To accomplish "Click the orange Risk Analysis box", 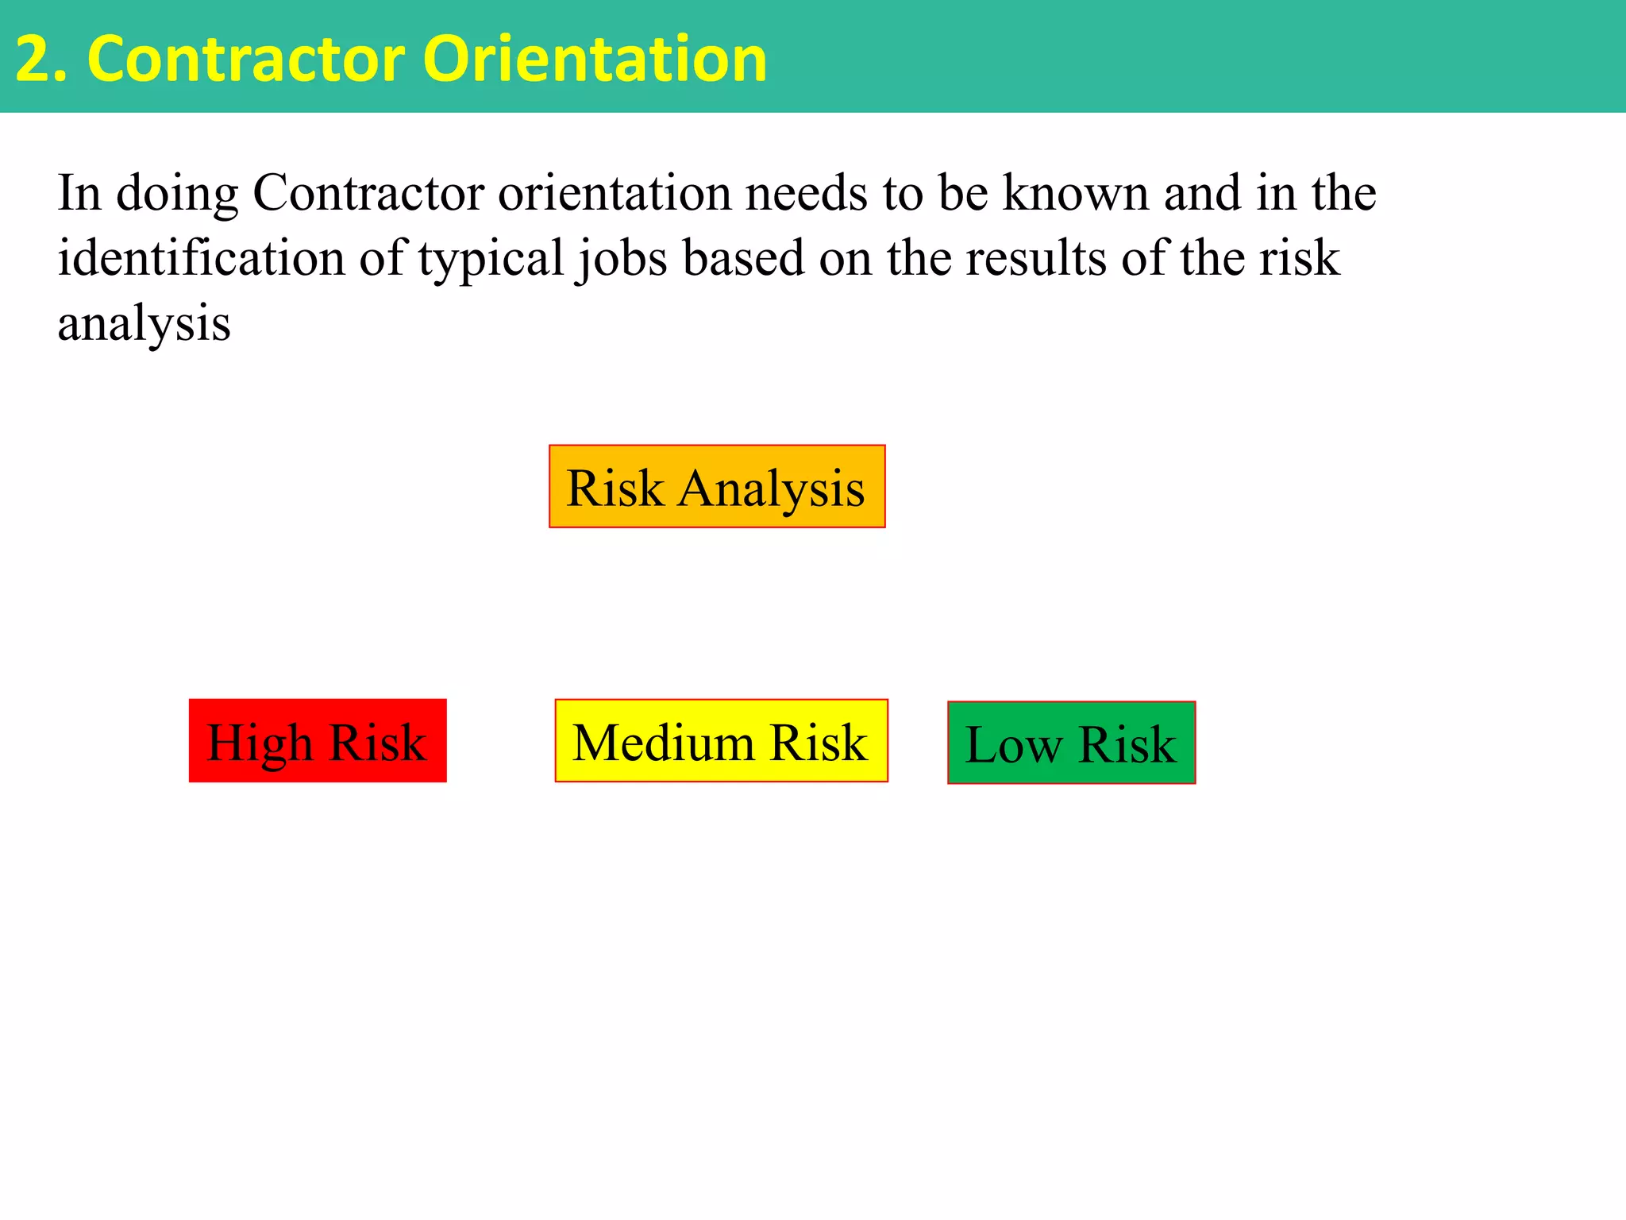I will [x=716, y=486].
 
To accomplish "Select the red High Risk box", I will [x=318, y=740].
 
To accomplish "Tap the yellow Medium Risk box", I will [x=721, y=740].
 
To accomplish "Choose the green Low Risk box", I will [x=1071, y=743].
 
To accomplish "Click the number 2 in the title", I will [x=32, y=60].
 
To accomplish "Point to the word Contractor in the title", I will [x=246, y=60].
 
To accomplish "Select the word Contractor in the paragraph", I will [x=368, y=193].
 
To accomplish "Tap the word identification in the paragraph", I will [x=201, y=258].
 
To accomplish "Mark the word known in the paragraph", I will [x=1076, y=193].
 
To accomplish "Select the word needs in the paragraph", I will [x=806, y=193].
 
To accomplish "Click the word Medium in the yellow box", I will [x=663, y=743].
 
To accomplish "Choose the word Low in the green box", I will [x=1012, y=745].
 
